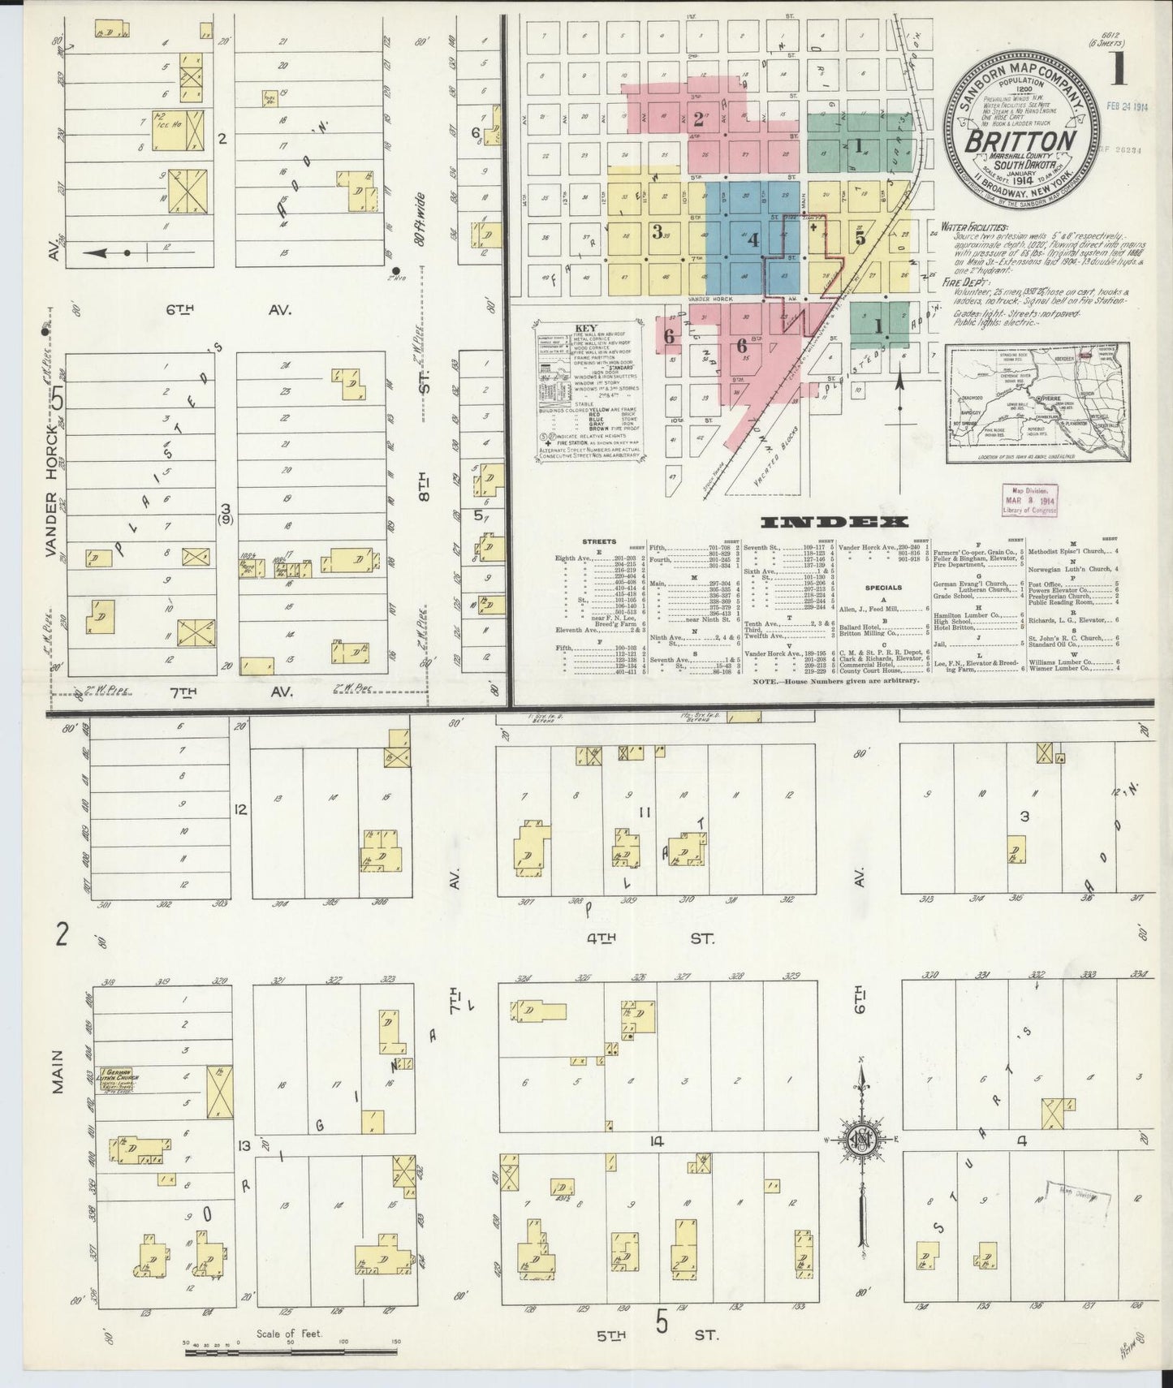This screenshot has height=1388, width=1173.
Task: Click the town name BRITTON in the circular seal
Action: (x=1020, y=141)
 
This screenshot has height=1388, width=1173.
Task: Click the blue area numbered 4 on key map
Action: (x=753, y=240)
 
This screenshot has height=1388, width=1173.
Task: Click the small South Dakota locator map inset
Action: (x=1037, y=403)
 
